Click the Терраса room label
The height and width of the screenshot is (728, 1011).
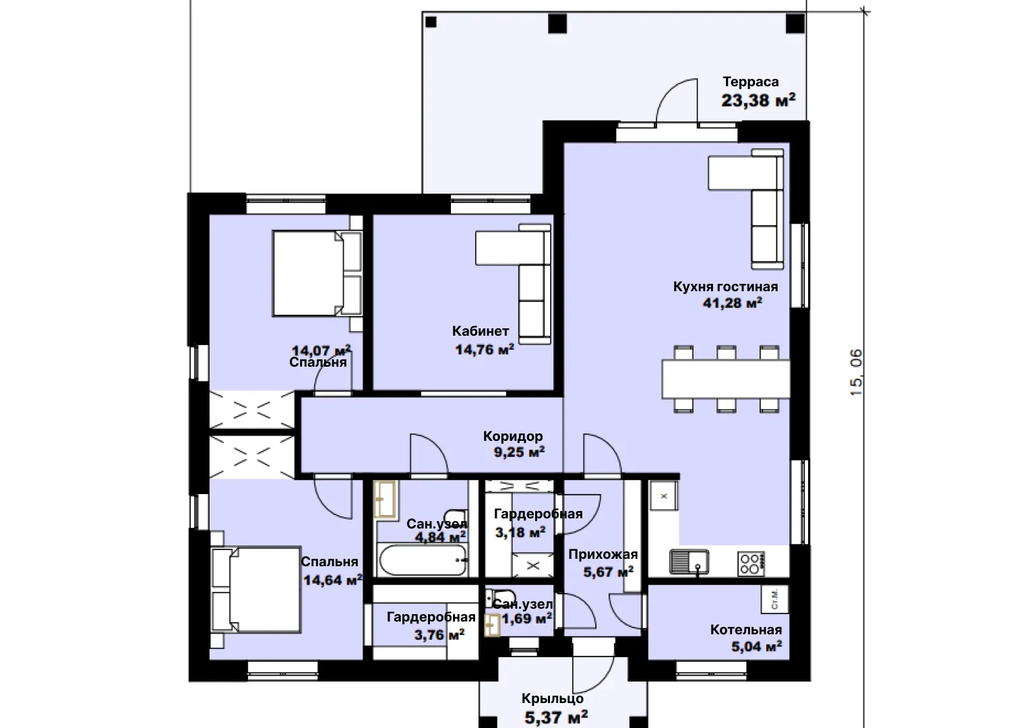(x=751, y=82)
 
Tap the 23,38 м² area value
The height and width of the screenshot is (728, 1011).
(x=758, y=100)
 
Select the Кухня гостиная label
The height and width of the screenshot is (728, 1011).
(x=725, y=286)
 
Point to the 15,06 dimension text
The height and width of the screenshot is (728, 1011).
(x=856, y=372)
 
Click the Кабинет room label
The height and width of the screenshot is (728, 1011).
(x=481, y=331)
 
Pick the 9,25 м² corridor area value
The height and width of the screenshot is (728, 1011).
(x=519, y=452)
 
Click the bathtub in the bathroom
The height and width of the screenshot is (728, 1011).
(x=423, y=559)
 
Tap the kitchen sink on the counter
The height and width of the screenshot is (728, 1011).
(x=689, y=562)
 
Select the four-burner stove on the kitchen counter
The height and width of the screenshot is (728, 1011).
(x=751, y=564)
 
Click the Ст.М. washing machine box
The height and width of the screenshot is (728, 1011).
(x=775, y=599)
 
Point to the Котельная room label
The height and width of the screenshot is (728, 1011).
(x=746, y=630)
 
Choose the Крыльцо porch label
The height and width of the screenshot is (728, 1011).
(x=553, y=698)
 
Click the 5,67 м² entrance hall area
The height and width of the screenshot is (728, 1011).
(x=609, y=572)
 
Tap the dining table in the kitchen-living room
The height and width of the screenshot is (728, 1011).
(x=726, y=379)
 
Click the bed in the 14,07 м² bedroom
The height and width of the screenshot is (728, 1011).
(x=317, y=273)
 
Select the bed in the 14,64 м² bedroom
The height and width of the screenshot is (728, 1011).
(x=255, y=589)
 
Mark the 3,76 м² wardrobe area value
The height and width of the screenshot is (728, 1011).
(x=439, y=635)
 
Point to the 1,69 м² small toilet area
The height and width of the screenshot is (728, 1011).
(x=526, y=618)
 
